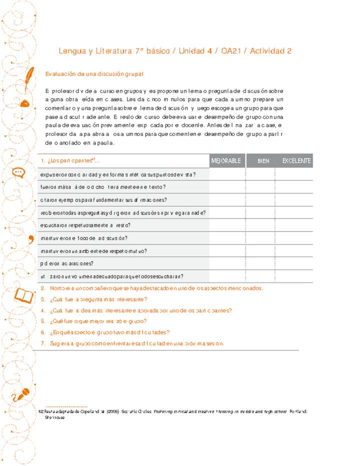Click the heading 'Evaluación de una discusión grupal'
(94, 74)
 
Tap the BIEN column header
(263, 161)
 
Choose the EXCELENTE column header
(296, 161)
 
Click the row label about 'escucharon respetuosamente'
(85, 225)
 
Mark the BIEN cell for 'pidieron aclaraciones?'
(260, 263)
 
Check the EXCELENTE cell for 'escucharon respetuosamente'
(294, 225)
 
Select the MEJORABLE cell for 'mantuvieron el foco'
(227, 238)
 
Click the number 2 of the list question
(43, 288)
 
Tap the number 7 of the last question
(43, 343)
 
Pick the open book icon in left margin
(24, 295)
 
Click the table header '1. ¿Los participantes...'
(70, 160)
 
